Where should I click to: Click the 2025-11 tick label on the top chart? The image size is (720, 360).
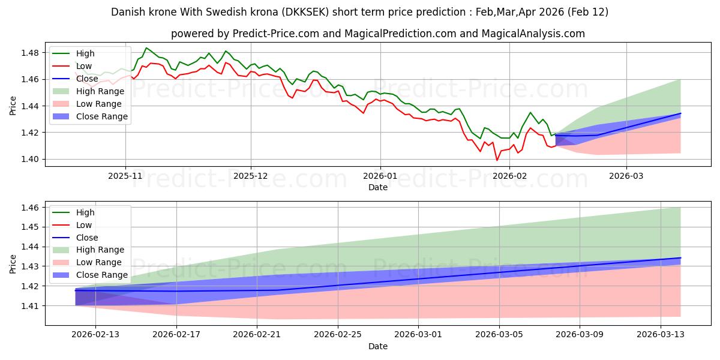125,177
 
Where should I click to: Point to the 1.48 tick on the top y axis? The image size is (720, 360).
30,53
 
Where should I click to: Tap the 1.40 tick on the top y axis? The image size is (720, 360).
30,159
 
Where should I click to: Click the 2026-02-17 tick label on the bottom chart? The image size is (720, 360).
176,335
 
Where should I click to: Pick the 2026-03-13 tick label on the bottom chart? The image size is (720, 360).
660,335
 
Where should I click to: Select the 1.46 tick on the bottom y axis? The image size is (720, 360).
30,208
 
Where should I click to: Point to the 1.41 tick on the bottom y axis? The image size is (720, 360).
30,306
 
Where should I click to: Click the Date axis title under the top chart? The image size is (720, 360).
378,188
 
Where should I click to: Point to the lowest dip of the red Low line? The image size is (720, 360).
497,160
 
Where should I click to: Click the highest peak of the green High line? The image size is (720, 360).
146,48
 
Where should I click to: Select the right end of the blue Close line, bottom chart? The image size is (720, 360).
680,257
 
